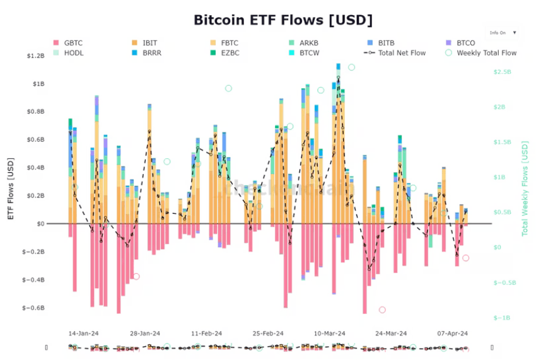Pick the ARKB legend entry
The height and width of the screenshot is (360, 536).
pyautogui.click(x=310, y=43)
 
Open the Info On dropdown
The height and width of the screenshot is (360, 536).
pyautogui.click(x=502, y=32)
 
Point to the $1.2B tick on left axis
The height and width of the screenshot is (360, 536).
pyautogui.click(x=36, y=56)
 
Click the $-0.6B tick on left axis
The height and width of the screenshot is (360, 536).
pyautogui.click(x=33, y=308)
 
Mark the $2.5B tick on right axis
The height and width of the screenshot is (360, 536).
pyautogui.click(x=502, y=72)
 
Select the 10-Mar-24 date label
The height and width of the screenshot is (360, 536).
pyautogui.click(x=329, y=333)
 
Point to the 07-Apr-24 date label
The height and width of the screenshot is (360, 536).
pyautogui.click(x=453, y=333)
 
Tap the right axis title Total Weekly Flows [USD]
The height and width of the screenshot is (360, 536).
pyautogui.click(x=524, y=189)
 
